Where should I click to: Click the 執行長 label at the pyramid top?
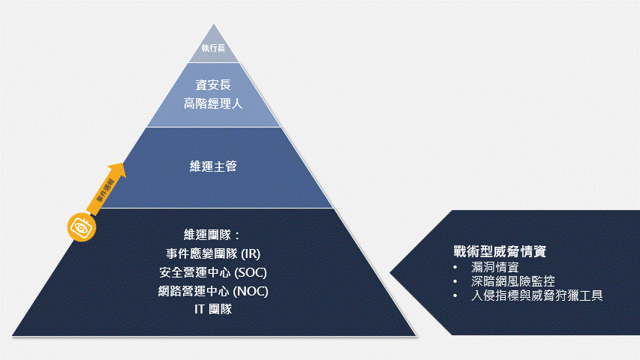[x=213, y=49]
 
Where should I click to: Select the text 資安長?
[x=213, y=85]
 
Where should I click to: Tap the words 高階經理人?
[x=213, y=103]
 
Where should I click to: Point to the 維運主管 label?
[x=213, y=166]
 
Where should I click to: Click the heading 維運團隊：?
[x=213, y=233]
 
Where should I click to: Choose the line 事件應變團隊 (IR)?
[x=213, y=253]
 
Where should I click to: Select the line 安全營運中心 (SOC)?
[x=213, y=271]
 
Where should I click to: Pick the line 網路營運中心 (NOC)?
[x=213, y=290]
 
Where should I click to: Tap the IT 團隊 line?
[x=213, y=309]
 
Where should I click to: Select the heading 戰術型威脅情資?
[x=504, y=251]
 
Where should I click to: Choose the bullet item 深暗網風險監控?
[x=514, y=281]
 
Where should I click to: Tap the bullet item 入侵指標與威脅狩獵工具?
[x=537, y=295]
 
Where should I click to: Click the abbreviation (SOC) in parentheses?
[x=251, y=271]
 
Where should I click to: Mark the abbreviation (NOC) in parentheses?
[x=251, y=290]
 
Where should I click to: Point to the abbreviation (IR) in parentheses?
[x=251, y=253]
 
